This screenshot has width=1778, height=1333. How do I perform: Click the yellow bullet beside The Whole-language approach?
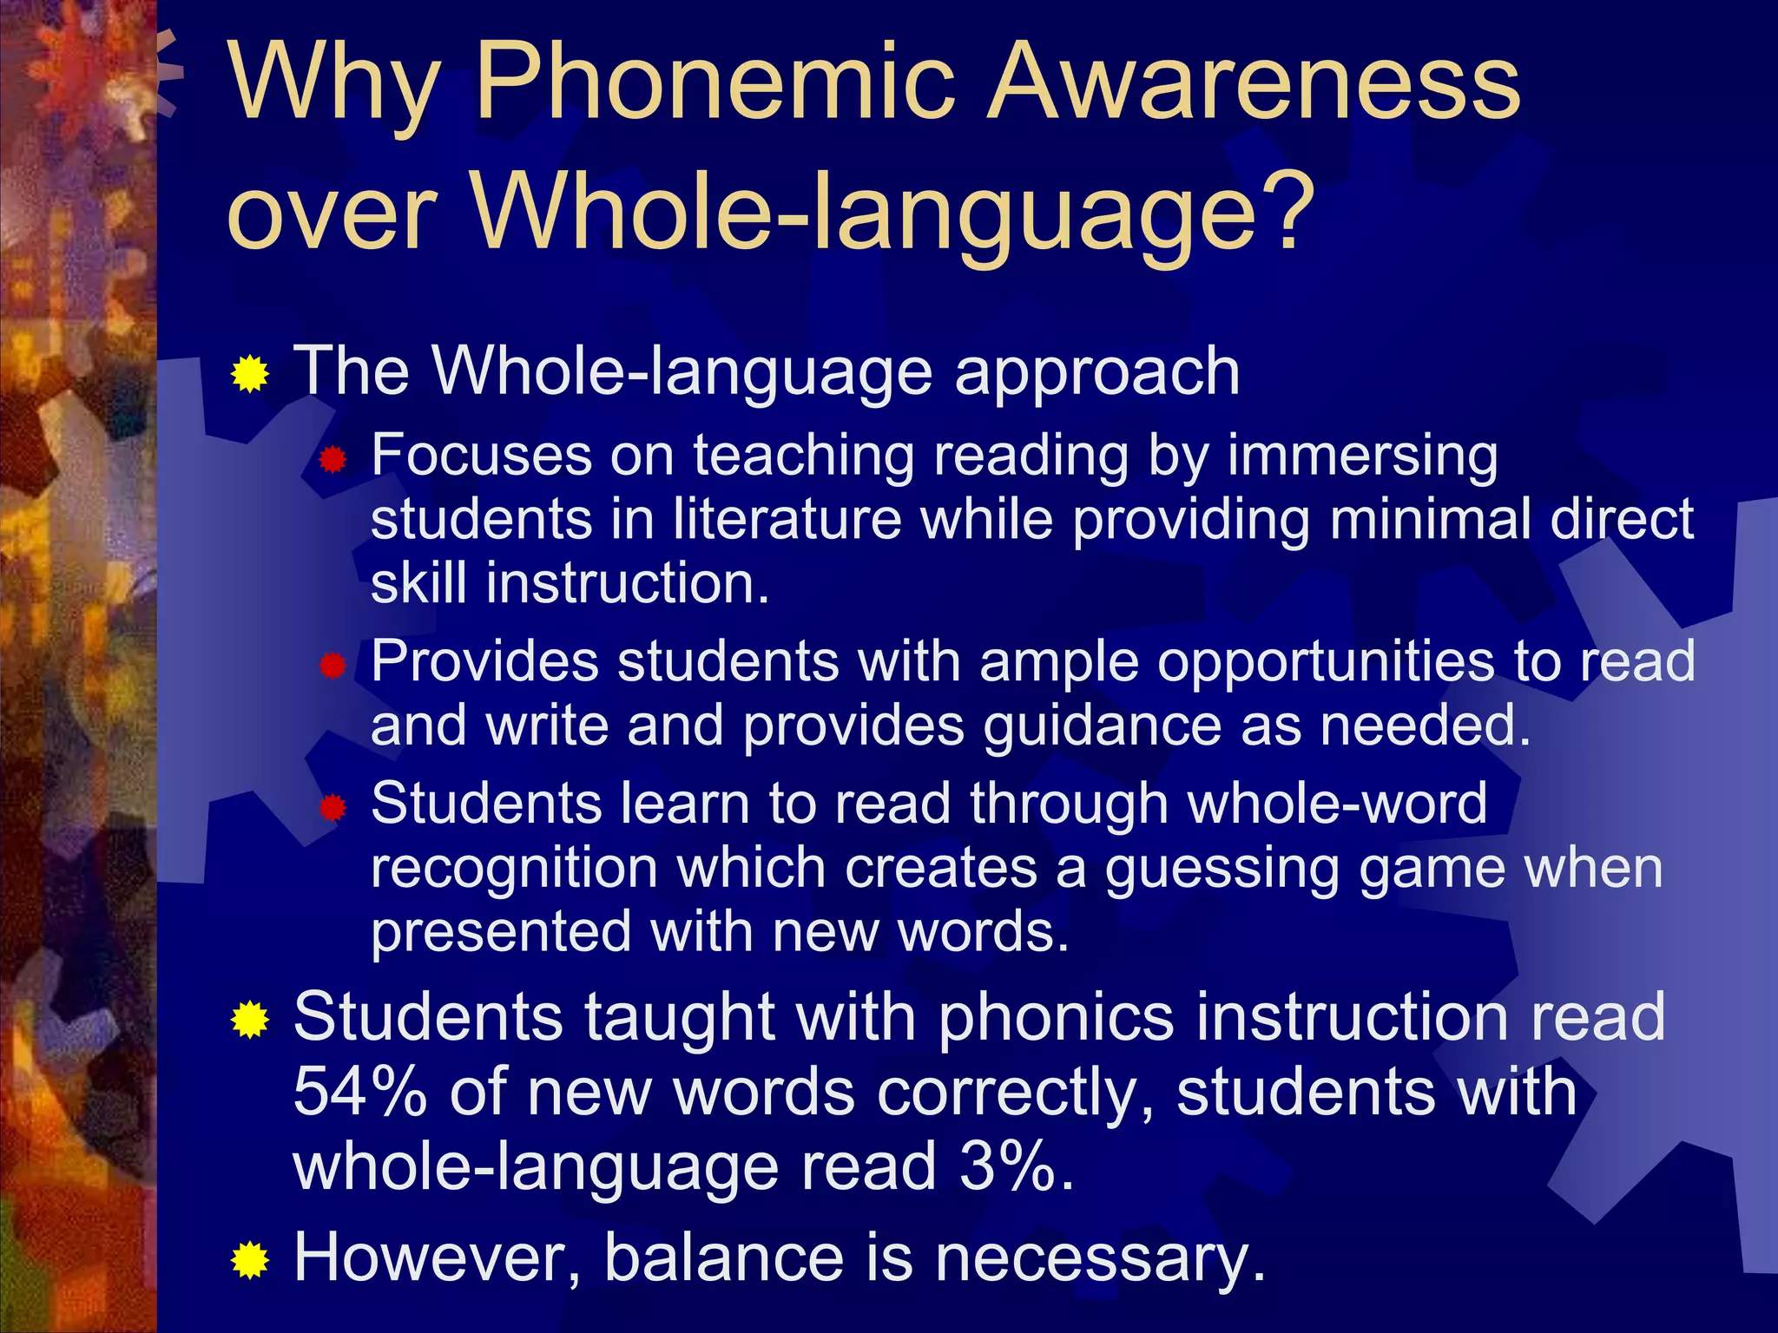click(250, 374)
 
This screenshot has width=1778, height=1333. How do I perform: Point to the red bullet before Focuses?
click(333, 460)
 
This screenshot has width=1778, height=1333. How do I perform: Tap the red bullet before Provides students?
click(333, 666)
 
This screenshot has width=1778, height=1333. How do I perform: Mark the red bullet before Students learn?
click(333, 809)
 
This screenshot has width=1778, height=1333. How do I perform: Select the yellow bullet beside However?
click(250, 1260)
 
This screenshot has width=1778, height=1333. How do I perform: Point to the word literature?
click(787, 519)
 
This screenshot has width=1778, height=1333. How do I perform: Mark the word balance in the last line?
click(723, 1257)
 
